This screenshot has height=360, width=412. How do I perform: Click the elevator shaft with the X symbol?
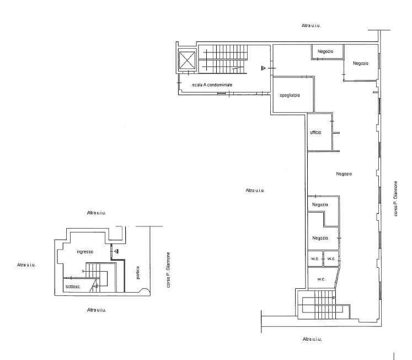click(x=187, y=60)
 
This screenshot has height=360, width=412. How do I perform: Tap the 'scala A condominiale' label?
click(x=212, y=85)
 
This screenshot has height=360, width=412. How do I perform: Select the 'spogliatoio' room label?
click(x=290, y=96)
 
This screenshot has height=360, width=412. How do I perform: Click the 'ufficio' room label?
click(x=315, y=133)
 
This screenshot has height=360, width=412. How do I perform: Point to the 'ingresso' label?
click(x=85, y=252)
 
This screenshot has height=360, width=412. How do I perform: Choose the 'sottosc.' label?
click(x=73, y=287)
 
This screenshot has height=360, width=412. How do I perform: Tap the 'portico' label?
click(x=138, y=273)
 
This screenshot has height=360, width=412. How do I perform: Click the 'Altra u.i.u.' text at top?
click(x=311, y=25)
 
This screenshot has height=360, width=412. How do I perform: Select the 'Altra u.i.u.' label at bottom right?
click(x=312, y=339)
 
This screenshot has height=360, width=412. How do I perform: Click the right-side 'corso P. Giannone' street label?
click(x=395, y=199)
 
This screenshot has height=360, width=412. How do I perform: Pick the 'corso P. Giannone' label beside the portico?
click(x=168, y=270)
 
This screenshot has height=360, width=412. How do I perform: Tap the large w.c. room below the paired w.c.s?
click(x=322, y=279)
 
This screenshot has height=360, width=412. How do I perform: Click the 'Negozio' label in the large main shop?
click(x=344, y=174)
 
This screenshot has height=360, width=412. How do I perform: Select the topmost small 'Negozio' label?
click(x=325, y=51)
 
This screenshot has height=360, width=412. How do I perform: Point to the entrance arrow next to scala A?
click(x=264, y=68)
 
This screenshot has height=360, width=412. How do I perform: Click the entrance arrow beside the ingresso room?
click(x=116, y=251)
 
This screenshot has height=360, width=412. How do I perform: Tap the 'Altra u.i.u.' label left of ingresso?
click(x=26, y=265)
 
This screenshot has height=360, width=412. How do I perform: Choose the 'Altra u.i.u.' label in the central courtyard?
click(x=255, y=190)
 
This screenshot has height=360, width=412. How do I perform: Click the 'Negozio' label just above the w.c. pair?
click(x=320, y=238)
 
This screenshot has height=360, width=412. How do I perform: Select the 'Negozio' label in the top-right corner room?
click(x=361, y=63)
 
